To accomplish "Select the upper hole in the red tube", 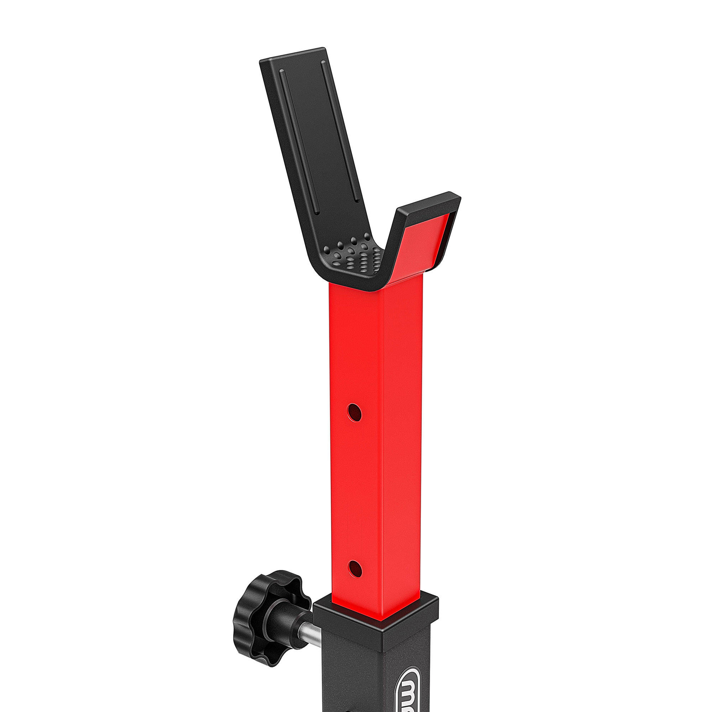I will [x=354, y=412].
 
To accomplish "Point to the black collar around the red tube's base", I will [x=376, y=614].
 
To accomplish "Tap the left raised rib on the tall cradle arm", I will [x=299, y=140].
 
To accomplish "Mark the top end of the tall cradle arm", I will [x=293, y=55].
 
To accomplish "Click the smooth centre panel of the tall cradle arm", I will [x=321, y=136].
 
